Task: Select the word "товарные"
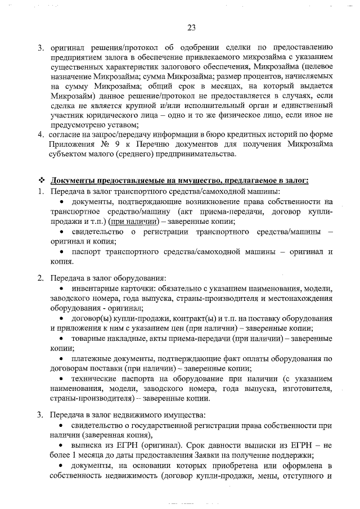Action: coord(88,339)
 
